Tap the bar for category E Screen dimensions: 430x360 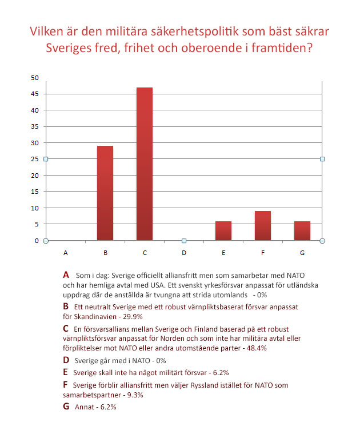click(x=223, y=230)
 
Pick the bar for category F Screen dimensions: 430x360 click(x=263, y=226)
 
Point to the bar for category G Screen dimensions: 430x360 click(x=302, y=230)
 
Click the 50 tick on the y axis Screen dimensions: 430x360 click(x=35, y=78)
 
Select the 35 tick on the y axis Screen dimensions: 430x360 click(x=35, y=126)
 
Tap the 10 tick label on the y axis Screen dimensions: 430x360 click(x=35, y=208)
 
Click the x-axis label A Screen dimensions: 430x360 click(x=66, y=252)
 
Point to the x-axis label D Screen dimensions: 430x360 click(x=184, y=252)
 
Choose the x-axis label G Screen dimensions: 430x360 click(x=302, y=252)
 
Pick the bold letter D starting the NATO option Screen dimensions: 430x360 click(x=66, y=360)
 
